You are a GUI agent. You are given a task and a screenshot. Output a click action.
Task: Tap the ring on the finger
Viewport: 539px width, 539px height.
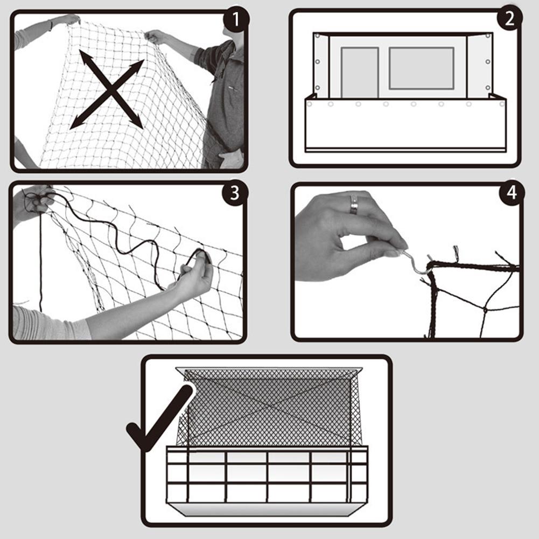coord(354,204)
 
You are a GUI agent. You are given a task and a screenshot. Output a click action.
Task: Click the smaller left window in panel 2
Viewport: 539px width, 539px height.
coord(359,72)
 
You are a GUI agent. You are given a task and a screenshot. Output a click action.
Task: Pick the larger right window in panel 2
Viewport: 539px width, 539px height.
coord(422,68)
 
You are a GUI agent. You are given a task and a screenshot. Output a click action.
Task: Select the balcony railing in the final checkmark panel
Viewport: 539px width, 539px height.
coord(267,474)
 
